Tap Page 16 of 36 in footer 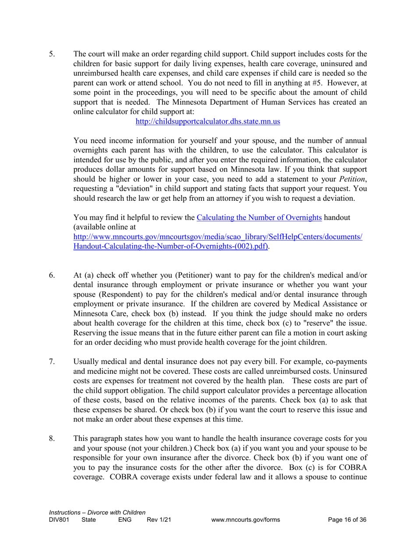(x=347, y=520)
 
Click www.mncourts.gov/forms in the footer (x=245, y=520)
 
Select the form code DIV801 (x=59, y=520)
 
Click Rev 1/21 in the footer (x=159, y=520)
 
